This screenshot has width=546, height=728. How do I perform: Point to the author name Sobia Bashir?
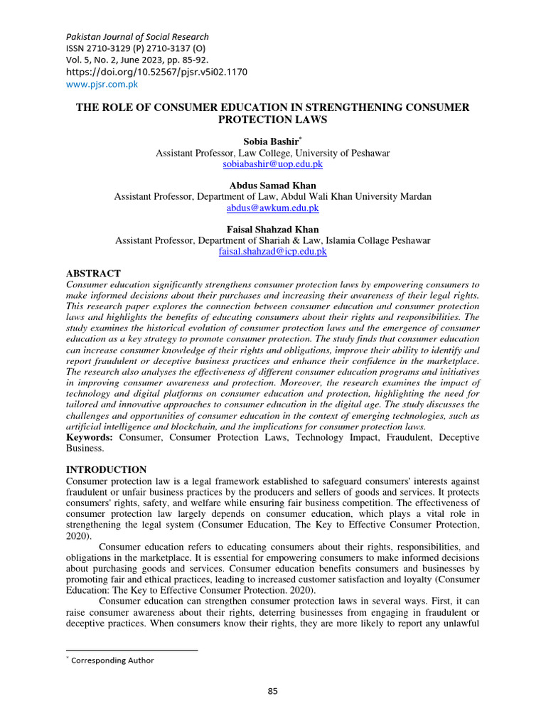270,142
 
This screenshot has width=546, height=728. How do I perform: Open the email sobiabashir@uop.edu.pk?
272,164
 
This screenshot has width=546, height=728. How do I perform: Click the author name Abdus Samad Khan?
272,186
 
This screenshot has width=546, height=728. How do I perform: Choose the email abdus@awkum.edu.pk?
272,208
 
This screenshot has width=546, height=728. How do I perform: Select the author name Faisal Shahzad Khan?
272,230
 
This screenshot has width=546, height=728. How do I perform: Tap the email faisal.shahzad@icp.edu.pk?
272,251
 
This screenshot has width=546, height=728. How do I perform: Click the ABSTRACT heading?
93,274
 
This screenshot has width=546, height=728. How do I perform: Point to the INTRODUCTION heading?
106,469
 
